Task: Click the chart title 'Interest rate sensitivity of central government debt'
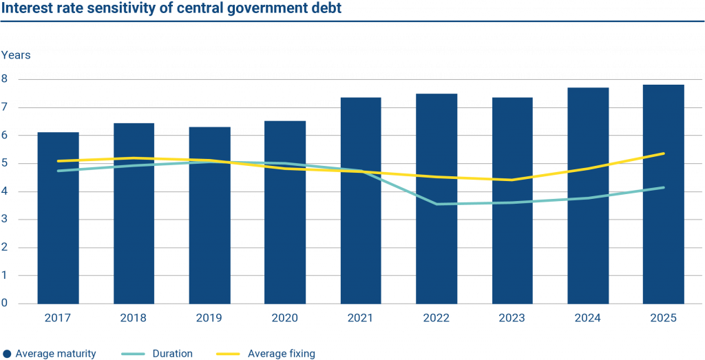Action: [x=171, y=10]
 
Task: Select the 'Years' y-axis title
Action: [x=16, y=54]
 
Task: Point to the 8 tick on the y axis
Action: [x=5, y=79]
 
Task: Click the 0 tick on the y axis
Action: [x=5, y=304]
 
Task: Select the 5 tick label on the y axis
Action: [x=5, y=163]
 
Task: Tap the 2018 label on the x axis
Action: [x=134, y=318]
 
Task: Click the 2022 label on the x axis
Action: [x=436, y=318]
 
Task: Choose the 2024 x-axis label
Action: [x=587, y=318]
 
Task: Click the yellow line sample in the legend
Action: [x=232, y=354]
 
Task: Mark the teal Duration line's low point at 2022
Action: [x=436, y=204]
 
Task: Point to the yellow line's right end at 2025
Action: [x=663, y=153]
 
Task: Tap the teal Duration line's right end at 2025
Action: [x=663, y=187]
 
